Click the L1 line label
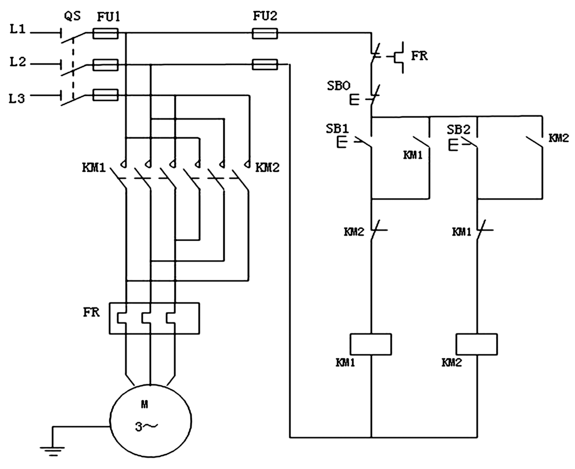(18, 29)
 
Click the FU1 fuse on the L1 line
(105, 34)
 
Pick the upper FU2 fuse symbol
(264, 34)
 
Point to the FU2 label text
(265, 16)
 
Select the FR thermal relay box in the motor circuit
(154, 318)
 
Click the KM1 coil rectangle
(371, 344)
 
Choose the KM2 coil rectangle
(477, 344)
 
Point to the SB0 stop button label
(339, 86)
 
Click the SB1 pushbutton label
(338, 129)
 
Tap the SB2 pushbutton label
(458, 129)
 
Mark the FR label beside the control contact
(419, 56)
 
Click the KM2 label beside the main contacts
(267, 168)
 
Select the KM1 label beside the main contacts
(94, 168)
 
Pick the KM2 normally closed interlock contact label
(354, 232)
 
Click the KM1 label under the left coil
(345, 363)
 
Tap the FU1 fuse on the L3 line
(105, 96)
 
